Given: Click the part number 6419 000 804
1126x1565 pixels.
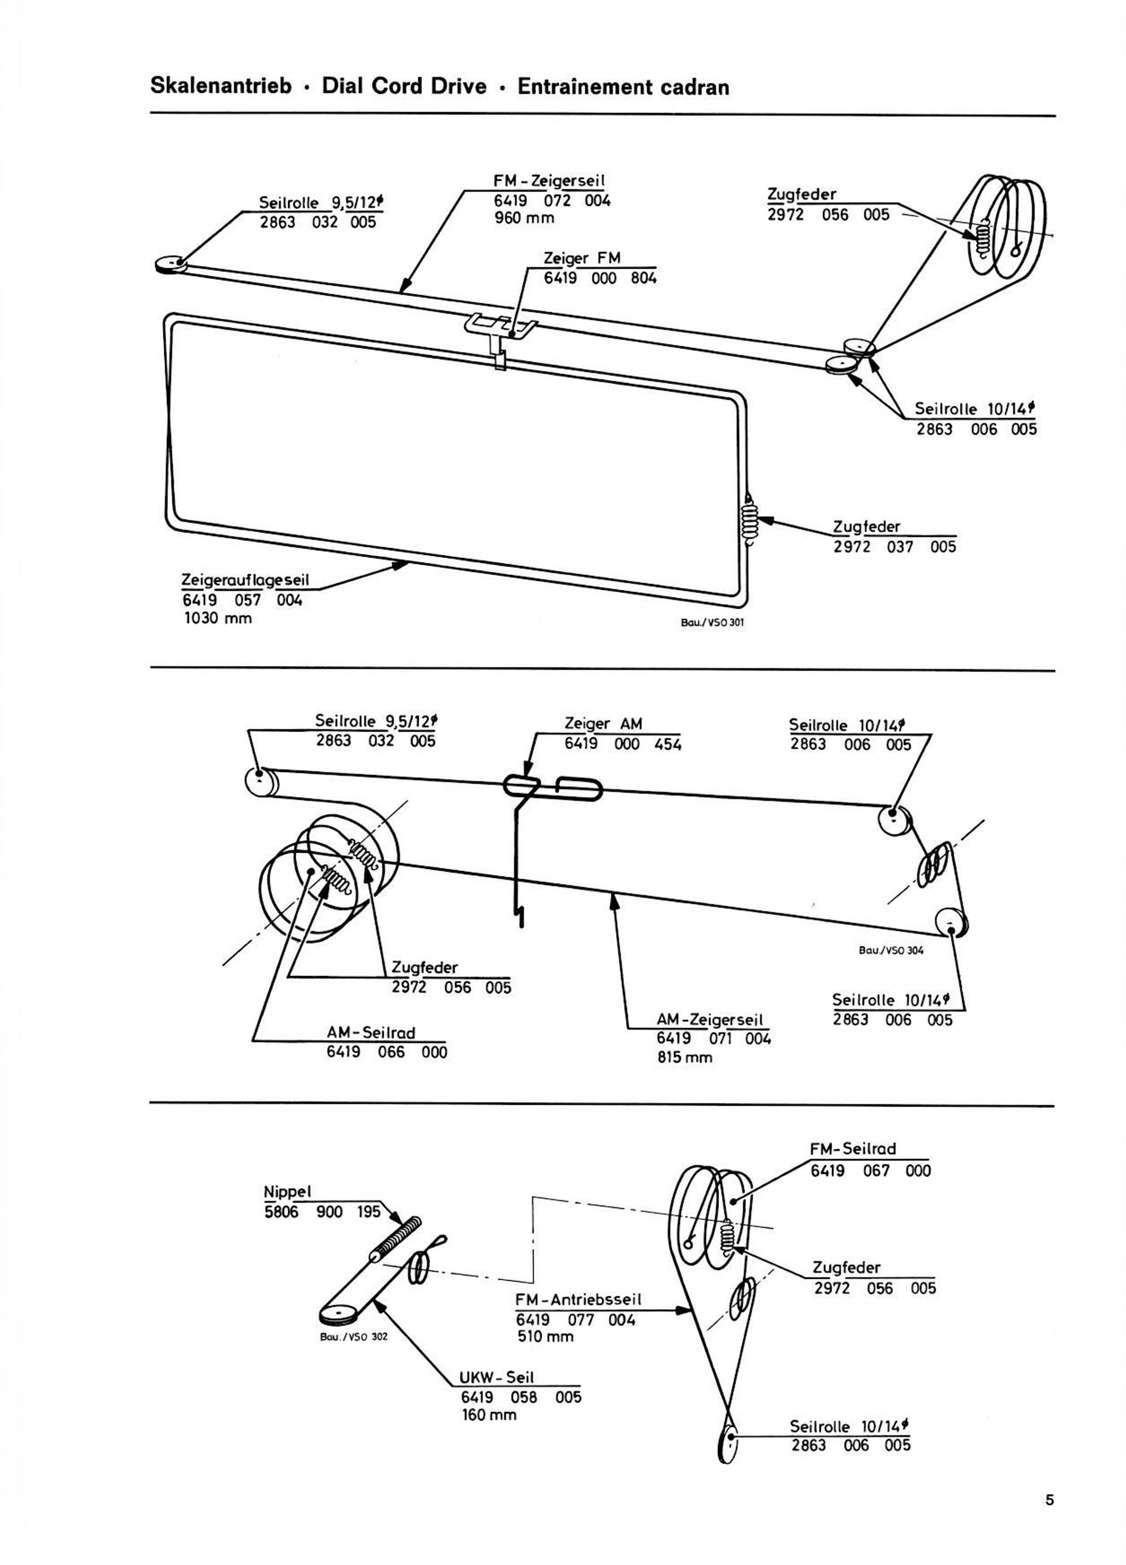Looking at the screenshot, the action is [600, 279].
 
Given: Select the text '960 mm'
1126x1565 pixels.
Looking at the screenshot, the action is [524, 218].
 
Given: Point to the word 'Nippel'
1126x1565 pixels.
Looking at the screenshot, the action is [288, 1192].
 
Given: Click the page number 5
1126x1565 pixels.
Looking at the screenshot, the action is [1050, 1499].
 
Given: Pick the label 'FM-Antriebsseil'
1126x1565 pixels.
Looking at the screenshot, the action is [578, 1299].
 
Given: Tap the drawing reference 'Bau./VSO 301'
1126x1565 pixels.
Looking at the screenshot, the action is [713, 622].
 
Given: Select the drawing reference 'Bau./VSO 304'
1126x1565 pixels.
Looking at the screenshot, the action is [891, 950].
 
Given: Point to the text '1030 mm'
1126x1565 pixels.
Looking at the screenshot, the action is [217, 619].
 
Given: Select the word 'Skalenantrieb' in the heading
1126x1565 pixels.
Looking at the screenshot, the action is [221, 87].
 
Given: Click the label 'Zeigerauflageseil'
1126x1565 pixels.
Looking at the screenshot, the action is [245, 579].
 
